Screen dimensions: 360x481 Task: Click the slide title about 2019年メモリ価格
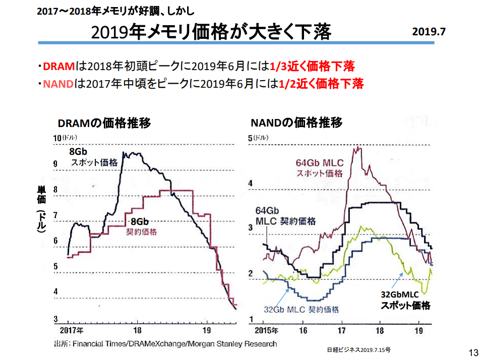pos(211,32)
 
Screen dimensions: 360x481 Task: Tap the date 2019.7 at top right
pos(429,31)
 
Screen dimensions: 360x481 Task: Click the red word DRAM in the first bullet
pos(58,67)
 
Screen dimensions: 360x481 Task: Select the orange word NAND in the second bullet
pos(58,84)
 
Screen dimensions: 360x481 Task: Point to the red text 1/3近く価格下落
pos(312,67)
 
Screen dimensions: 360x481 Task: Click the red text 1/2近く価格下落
pos(321,84)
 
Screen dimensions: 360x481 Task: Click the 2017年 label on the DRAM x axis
pos(72,331)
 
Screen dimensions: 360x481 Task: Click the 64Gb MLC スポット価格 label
pos(319,168)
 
